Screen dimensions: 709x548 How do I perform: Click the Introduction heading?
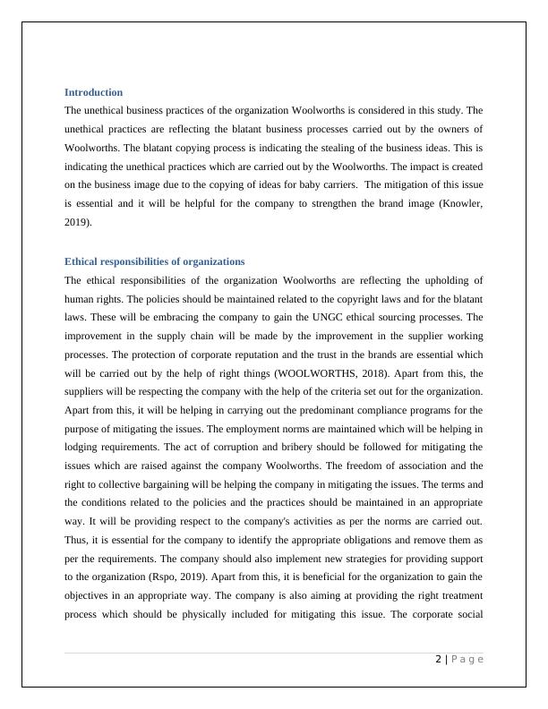pyautogui.click(x=93, y=92)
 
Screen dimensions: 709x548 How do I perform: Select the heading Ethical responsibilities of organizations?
pyautogui.click(x=154, y=261)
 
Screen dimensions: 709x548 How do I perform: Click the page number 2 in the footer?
pyautogui.click(x=438, y=660)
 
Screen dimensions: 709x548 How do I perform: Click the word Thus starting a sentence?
pyautogui.click(x=76, y=541)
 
